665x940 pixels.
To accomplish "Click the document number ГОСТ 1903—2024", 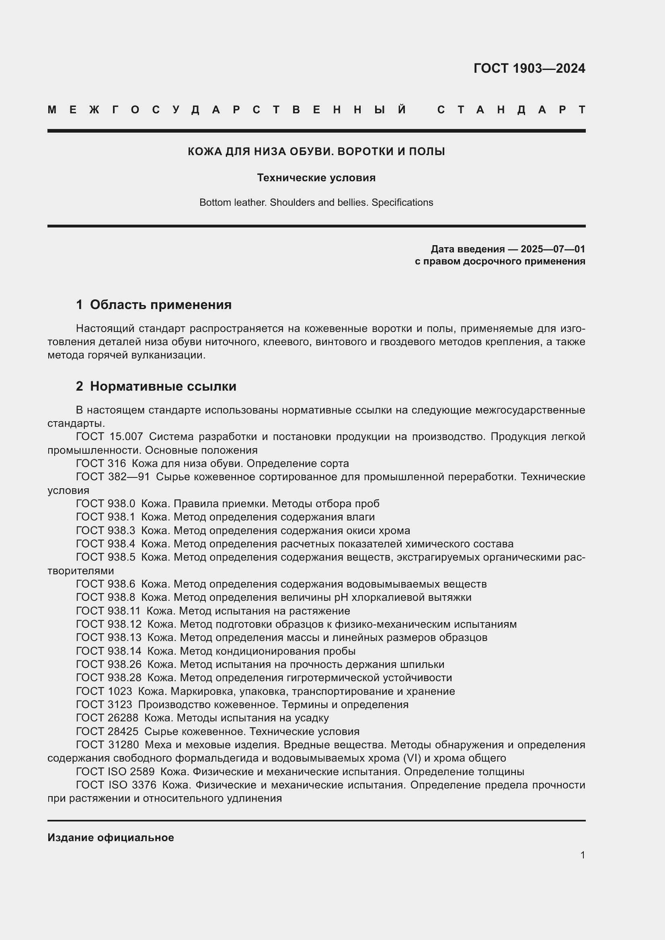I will click(x=529, y=68).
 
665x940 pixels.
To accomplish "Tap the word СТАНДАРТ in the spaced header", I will click(x=511, y=110).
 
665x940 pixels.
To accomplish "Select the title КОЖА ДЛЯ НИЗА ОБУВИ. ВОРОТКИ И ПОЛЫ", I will click(x=316, y=152).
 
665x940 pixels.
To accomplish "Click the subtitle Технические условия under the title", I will click(x=316, y=178).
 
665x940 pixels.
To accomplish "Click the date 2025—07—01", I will click(x=553, y=249).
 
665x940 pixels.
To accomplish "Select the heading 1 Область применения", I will click(x=154, y=305).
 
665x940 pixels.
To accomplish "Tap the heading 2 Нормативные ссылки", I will click(x=156, y=386).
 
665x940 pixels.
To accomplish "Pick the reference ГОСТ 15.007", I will click(x=109, y=437).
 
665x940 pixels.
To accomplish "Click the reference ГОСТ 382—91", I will click(x=113, y=477).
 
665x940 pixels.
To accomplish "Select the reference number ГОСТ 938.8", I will click(x=106, y=597).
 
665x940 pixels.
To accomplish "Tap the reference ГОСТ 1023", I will click(x=104, y=692).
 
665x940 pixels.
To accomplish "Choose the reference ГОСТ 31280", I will click(x=107, y=745).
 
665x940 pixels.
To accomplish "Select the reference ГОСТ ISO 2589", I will click(x=115, y=772).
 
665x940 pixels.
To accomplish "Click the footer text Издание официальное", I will click(x=111, y=838).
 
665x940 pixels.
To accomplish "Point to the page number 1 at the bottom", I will click(x=582, y=855).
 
